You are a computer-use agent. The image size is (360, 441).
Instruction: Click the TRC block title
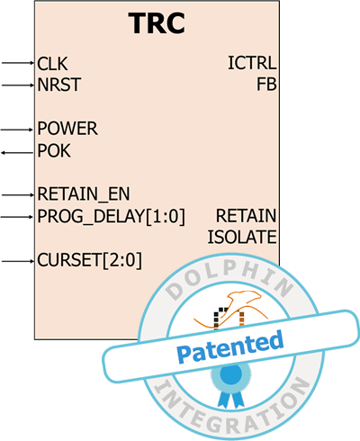157,23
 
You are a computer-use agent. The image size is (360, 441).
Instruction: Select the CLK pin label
52,64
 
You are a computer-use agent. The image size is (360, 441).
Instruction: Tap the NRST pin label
59,85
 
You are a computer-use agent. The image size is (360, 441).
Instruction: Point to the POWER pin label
67,129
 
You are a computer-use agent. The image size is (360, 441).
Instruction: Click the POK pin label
54,150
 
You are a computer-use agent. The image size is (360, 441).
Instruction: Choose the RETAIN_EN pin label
84,194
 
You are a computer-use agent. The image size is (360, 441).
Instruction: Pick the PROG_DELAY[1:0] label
112,216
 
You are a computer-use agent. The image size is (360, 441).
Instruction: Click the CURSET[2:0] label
89,260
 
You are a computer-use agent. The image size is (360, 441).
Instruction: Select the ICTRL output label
252,63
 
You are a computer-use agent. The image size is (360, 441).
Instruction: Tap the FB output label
266,85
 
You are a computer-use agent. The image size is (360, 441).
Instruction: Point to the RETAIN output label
246,216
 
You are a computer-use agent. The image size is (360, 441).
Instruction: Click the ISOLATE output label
242,237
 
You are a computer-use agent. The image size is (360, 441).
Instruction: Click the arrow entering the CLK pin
18,63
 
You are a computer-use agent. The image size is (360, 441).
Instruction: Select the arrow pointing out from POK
17,153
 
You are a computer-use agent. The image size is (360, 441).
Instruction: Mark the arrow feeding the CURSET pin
18,261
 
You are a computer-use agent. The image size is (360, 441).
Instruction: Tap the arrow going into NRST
18,85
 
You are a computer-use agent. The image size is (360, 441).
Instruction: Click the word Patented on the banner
229,346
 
